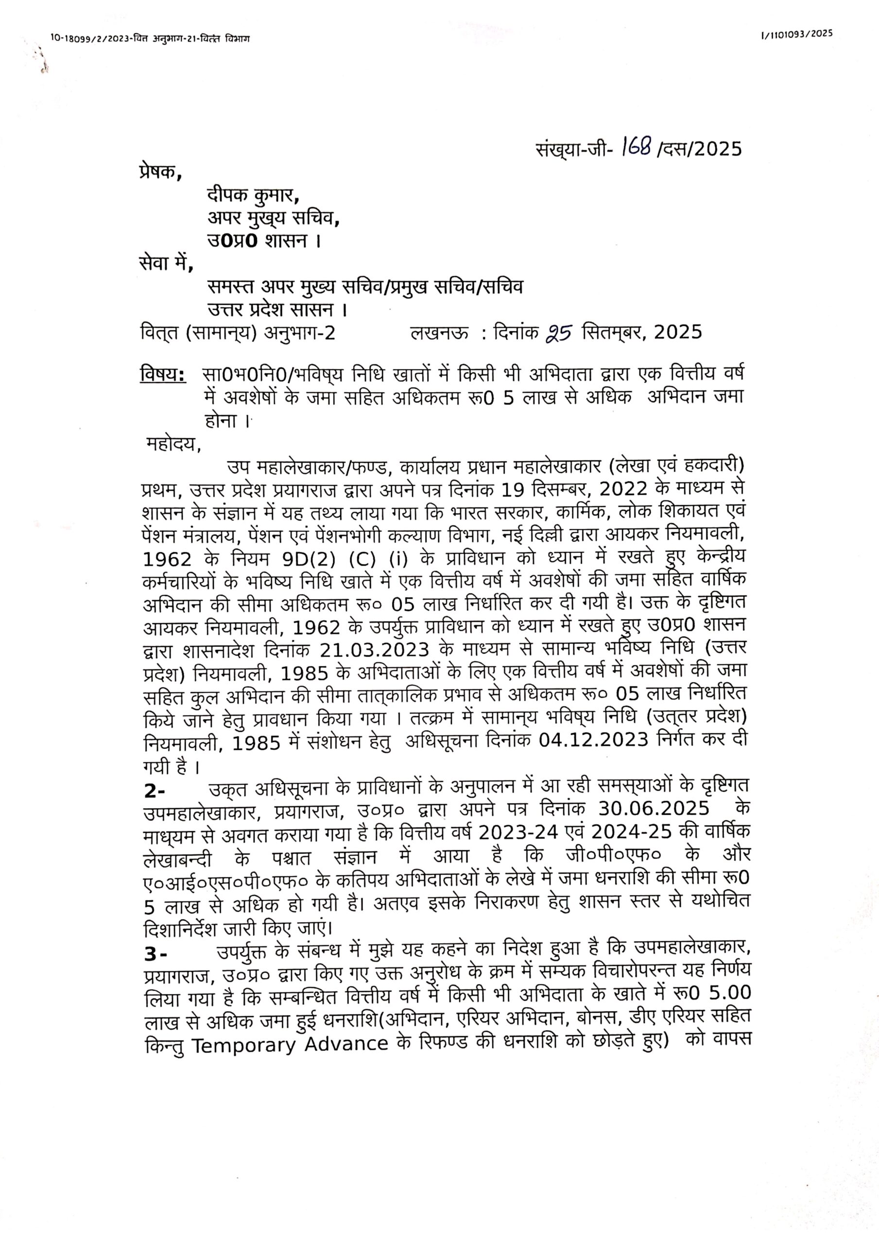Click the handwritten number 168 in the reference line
pyautogui.click(x=636, y=146)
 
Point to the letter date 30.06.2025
pyautogui.click(x=654, y=808)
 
